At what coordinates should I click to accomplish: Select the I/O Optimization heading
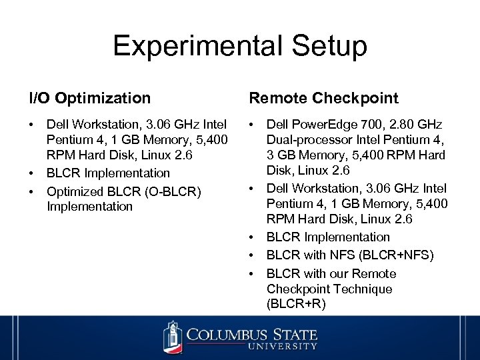[90, 99]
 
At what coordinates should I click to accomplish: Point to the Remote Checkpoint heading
[323, 99]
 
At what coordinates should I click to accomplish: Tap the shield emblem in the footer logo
[172, 337]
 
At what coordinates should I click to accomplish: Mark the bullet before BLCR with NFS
[253, 255]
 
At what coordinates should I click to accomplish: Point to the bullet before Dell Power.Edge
[253, 125]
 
